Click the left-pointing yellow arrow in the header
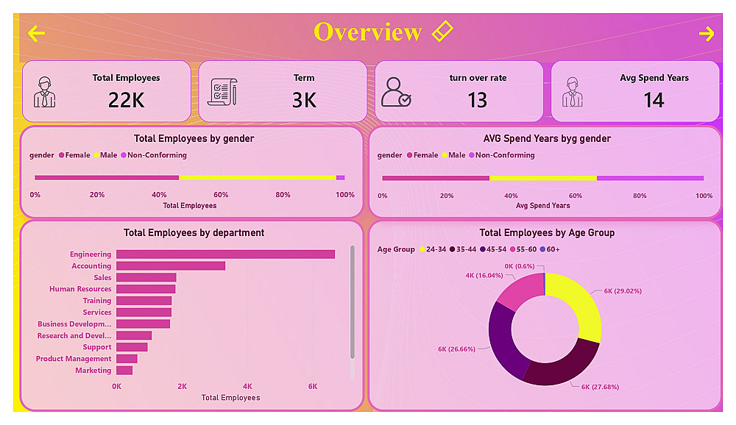(36, 33)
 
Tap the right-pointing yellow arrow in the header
(707, 33)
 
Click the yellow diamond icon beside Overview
(442, 31)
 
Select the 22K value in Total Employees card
(127, 100)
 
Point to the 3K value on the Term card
(304, 100)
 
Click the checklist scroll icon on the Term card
(222, 92)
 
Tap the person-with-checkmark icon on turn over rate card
(396, 92)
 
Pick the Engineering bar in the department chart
(225, 254)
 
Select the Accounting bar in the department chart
(171, 266)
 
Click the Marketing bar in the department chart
(124, 371)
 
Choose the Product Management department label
(74, 359)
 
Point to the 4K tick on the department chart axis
(247, 387)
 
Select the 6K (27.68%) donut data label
(600, 387)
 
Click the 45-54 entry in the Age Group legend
(493, 249)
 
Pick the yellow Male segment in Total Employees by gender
(257, 178)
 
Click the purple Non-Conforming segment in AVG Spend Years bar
(650, 178)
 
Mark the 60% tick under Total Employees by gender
(221, 195)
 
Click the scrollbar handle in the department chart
(352, 302)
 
